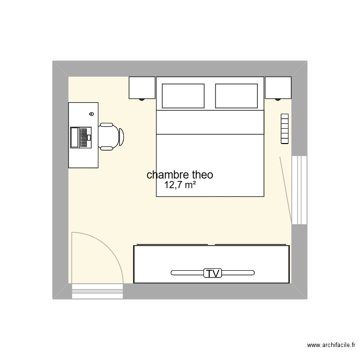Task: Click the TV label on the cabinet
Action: (212, 274)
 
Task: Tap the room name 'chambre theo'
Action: (180, 175)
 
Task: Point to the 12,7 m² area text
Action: (180, 185)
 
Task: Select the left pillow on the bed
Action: (183, 96)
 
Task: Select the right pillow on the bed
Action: (236, 96)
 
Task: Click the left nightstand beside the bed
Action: (142, 87)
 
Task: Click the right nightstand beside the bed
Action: (278, 87)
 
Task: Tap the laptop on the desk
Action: (81, 137)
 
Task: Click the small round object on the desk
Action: (91, 114)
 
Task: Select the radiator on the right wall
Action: (285, 129)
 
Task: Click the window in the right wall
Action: (300, 190)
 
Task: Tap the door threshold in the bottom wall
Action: (97, 291)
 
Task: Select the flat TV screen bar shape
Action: (187, 274)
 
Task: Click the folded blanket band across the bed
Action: (210, 122)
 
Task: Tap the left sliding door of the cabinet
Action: (171, 245)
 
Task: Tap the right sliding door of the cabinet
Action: (252, 245)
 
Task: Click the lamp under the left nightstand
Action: (142, 99)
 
